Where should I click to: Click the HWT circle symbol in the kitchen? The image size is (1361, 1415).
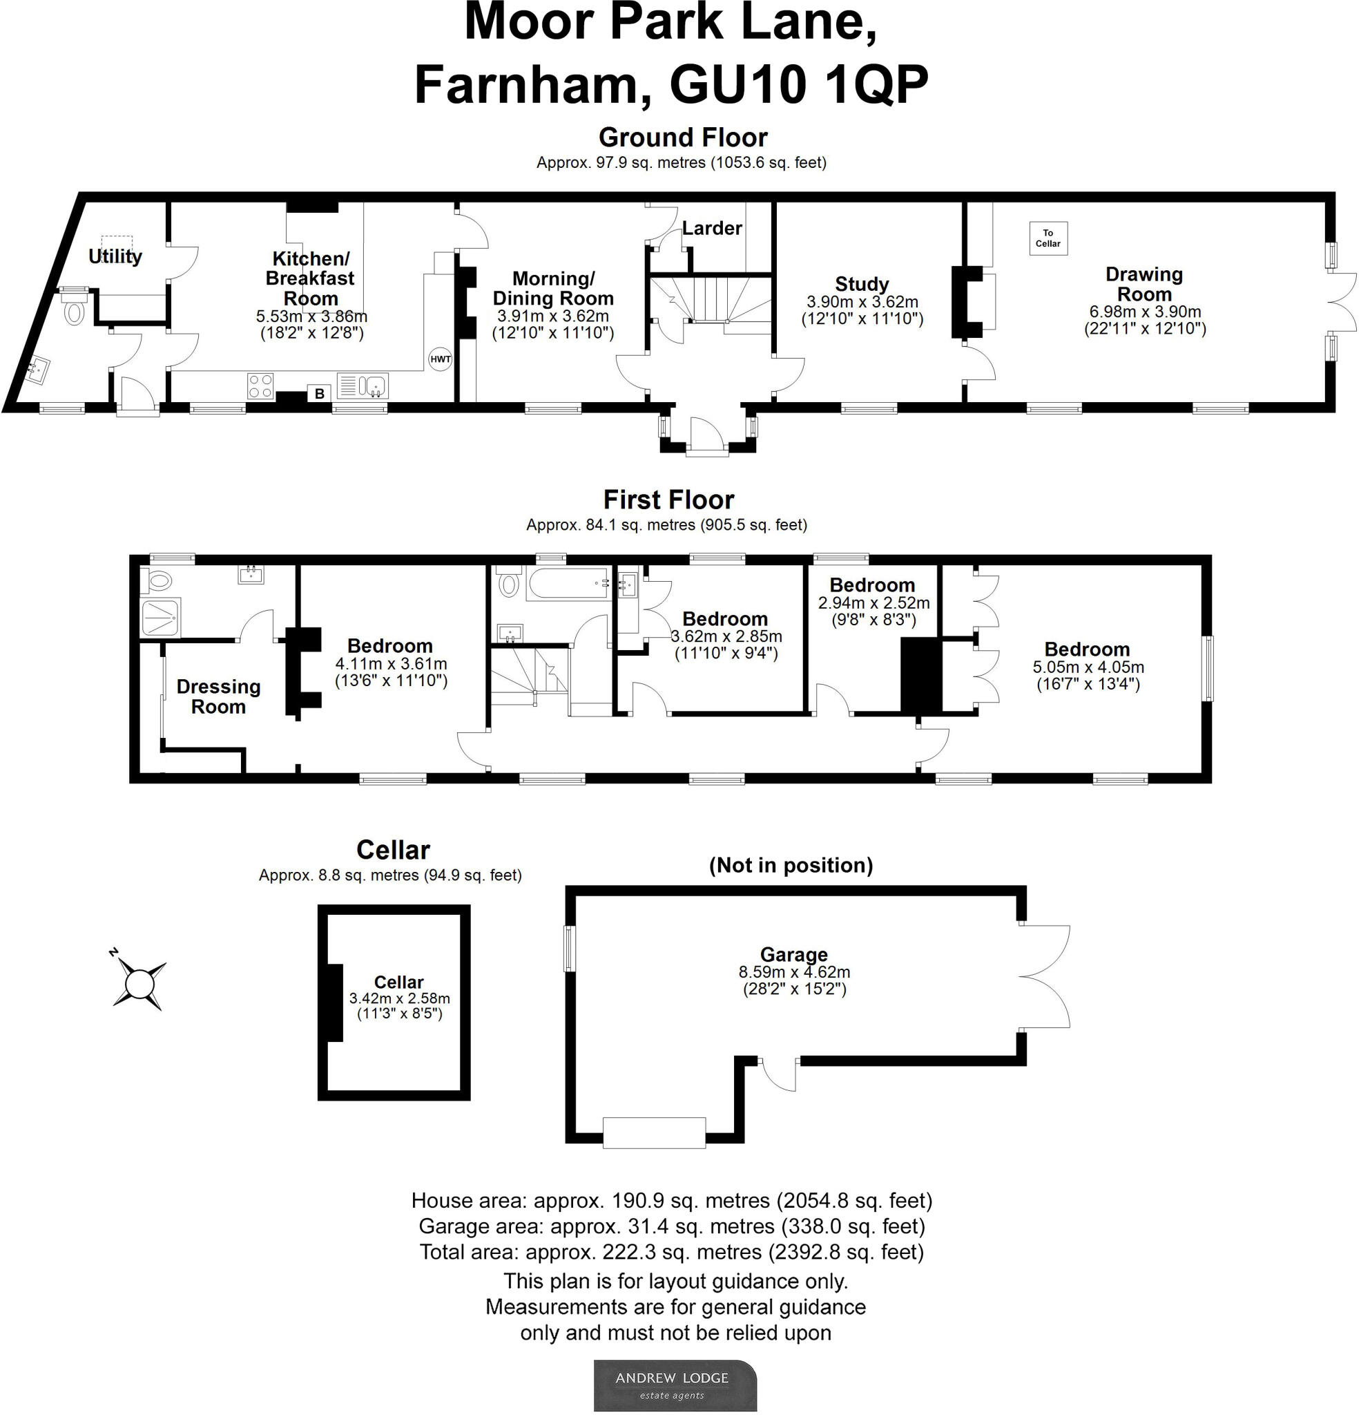tap(440, 359)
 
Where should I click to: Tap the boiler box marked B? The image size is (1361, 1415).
tap(319, 393)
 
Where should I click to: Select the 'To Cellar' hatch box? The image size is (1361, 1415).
tap(1048, 238)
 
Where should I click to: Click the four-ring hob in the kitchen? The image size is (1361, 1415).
tap(260, 386)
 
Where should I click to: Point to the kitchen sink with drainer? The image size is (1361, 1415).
tap(363, 386)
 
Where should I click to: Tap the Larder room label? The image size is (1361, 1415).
tap(711, 228)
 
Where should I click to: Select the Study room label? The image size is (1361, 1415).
tap(862, 284)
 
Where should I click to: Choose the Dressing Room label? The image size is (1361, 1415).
tap(219, 696)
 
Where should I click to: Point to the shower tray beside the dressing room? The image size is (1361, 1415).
tap(160, 618)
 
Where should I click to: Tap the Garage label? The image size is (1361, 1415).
tap(794, 954)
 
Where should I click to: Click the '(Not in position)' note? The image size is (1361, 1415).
tap(791, 865)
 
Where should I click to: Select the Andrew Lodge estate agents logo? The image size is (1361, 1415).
tap(675, 1385)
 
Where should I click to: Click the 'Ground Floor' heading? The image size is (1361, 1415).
tap(683, 137)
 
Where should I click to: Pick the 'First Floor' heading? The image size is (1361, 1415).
tap(668, 500)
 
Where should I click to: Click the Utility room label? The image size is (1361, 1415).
tap(115, 256)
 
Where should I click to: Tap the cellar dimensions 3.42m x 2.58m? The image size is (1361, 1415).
tap(399, 998)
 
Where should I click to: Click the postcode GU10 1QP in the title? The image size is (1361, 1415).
tap(799, 85)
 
